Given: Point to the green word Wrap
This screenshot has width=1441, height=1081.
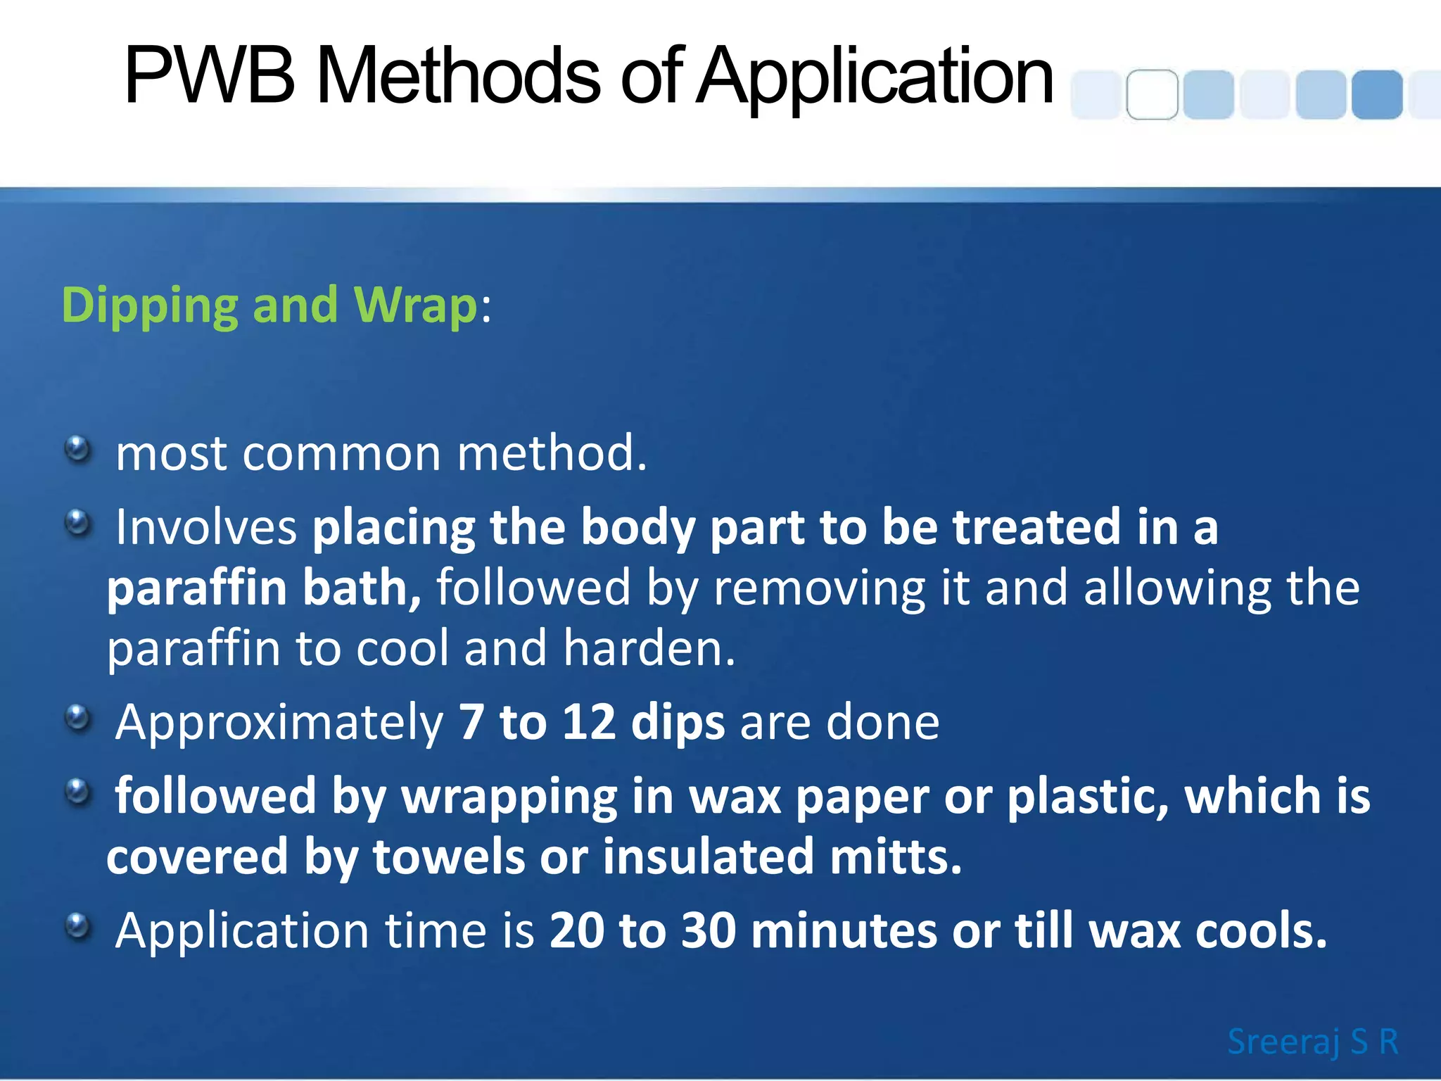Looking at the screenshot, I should [x=416, y=307].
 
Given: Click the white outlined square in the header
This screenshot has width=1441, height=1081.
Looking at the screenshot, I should [x=1152, y=94].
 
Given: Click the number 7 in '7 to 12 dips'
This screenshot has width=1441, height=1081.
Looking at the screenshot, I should [x=471, y=722].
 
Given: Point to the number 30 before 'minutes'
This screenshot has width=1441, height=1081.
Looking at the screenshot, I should [x=709, y=930].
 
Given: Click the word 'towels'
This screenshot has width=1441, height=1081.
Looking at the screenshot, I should [x=449, y=856].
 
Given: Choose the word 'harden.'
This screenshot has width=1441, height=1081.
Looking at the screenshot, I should [x=649, y=648].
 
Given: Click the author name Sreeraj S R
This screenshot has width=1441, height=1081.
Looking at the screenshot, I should [x=1312, y=1042].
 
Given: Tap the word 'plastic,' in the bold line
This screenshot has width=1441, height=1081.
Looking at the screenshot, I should [x=1088, y=797].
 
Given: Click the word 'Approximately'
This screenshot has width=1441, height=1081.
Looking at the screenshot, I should [x=279, y=723].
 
